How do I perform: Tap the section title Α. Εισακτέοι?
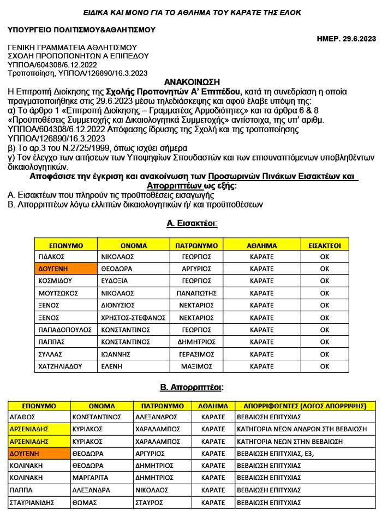(x=192, y=223)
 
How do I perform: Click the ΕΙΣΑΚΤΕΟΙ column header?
(x=324, y=245)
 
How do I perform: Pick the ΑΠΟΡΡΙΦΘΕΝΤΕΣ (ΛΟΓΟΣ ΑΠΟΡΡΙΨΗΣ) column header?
(x=305, y=407)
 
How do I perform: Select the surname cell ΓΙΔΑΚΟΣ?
(x=52, y=257)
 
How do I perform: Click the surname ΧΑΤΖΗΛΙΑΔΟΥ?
(x=60, y=366)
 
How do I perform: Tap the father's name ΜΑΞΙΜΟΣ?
(x=196, y=366)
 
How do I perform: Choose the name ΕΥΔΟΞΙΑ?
(x=115, y=281)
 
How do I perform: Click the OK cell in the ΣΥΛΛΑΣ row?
(x=324, y=354)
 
